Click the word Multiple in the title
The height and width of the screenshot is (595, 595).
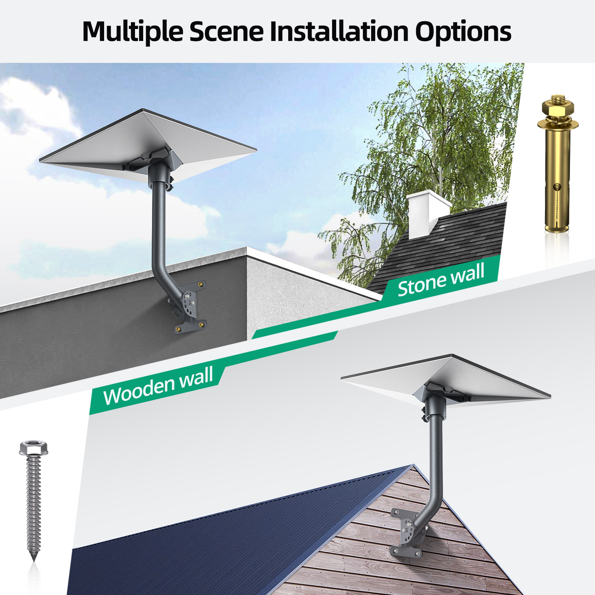(132, 32)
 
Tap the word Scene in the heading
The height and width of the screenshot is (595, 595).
(226, 31)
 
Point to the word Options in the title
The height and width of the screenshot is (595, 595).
(463, 32)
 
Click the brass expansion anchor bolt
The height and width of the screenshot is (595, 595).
(557, 164)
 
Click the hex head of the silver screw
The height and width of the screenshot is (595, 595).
(33, 448)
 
